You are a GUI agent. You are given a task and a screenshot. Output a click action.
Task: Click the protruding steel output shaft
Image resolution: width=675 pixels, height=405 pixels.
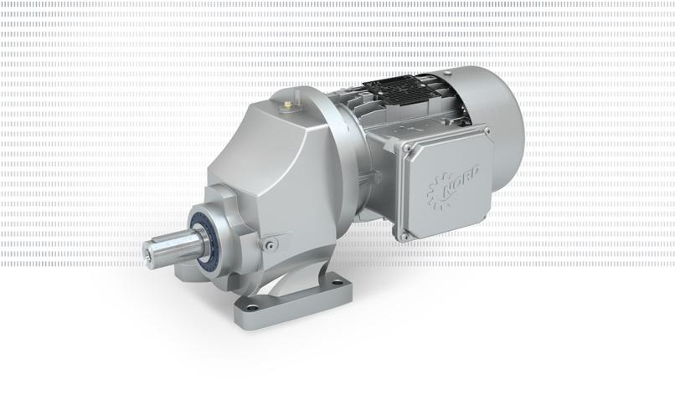[174, 247]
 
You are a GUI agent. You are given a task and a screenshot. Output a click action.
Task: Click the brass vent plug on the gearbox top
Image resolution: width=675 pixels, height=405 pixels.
[287, 104]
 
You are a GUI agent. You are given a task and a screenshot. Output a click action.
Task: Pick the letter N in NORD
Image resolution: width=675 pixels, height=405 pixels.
[449, 189]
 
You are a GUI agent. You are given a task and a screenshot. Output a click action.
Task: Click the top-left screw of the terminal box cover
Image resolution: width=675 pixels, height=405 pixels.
[407, 148]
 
